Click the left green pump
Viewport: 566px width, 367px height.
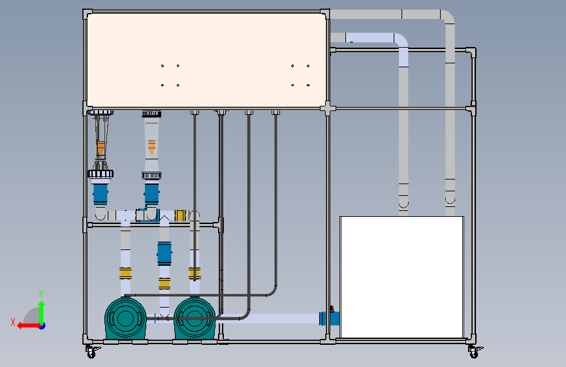pos(125,318)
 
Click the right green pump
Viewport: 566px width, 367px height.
pos(195,318)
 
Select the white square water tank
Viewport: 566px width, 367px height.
pos(401,277)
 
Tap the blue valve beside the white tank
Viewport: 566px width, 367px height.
pos(330,317)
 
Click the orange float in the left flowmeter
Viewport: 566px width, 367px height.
pos(101,148)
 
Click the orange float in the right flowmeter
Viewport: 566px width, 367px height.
pos(151,148)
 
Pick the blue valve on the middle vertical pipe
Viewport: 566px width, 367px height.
pos(165,253)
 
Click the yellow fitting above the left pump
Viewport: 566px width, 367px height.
pos(125,273)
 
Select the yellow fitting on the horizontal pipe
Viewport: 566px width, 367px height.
pos(180,215)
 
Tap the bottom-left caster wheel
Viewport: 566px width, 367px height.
pos(91,352)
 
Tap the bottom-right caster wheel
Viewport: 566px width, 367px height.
pos(475,352)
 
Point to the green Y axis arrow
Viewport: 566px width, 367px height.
pos(42,313)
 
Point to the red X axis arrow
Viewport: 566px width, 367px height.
pos(30,326)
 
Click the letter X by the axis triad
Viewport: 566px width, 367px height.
pos(13,322)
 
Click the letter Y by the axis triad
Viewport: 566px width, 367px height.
pos(41,294)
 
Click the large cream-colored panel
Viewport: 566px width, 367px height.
pos(206,60)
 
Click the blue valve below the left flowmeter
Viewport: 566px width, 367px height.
pos(101,195)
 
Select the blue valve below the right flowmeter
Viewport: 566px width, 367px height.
pos(151,195)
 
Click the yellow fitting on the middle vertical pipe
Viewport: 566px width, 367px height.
pos(165,283)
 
